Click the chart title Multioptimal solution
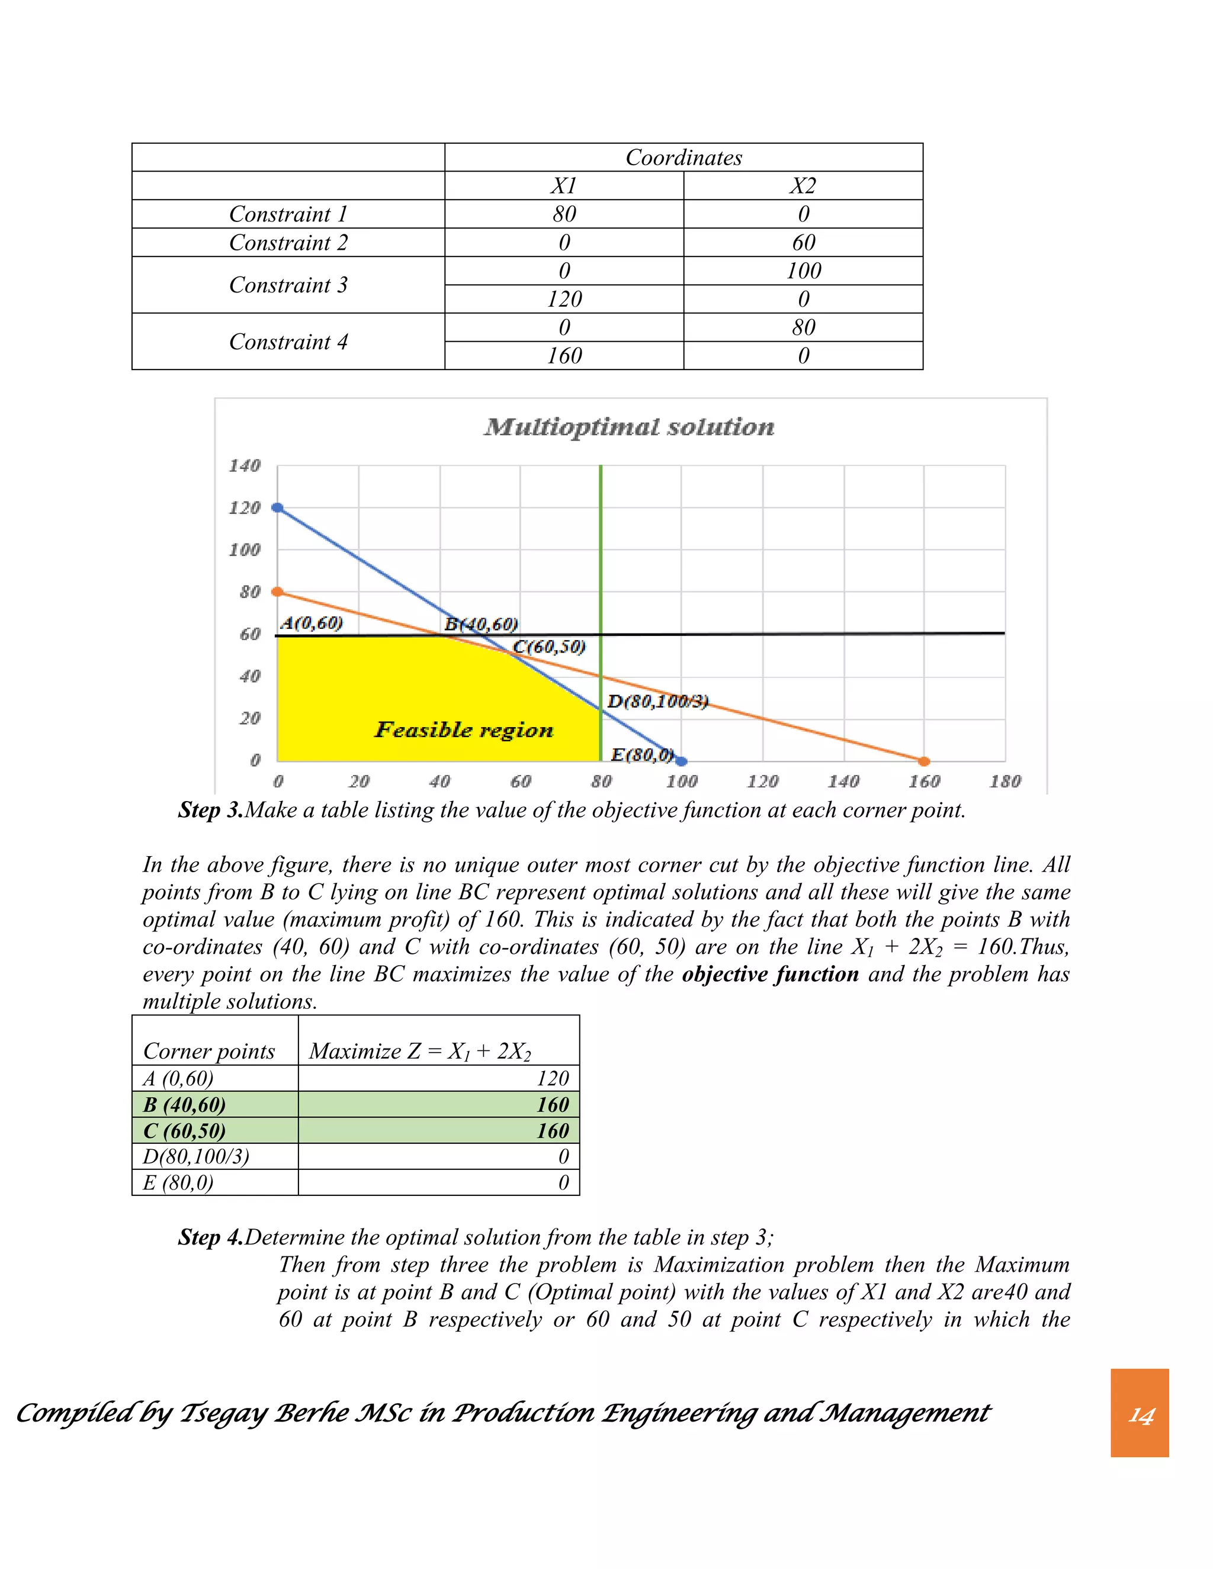[630, 427]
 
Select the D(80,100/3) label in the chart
[657, 701]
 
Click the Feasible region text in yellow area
[464, 730]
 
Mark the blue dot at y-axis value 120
[277, 508]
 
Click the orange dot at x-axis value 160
[924, 761]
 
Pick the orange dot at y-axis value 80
[277, 591]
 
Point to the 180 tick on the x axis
[1005, 782]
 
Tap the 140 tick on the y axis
[245, 465]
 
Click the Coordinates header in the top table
[683, 157]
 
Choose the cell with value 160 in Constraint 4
[564, 356]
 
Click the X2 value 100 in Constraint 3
[803, 271]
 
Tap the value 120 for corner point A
[553, 1078]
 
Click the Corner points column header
[209, 1051]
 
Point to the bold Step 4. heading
[210, 1237]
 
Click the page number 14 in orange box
[1140, 1415]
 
